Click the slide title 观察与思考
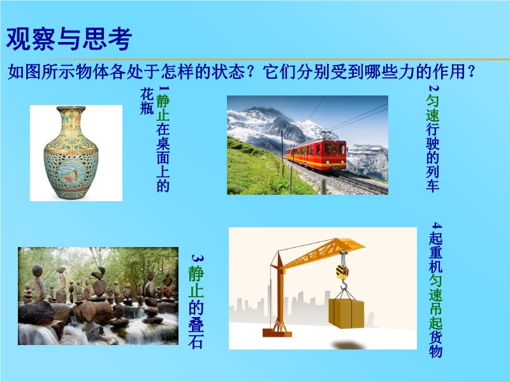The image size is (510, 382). click(x=69, y=39)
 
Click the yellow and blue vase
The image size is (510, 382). click(x=71, y=153)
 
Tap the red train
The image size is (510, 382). click(x=316, y=154)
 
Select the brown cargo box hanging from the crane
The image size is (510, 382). click(x=346, y=313)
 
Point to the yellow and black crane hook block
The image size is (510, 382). click(x=342, y=271)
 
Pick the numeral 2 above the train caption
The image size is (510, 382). click(x=433, y=88)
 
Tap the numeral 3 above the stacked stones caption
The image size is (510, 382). click(x=197, y=259)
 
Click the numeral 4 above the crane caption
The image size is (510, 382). click(x=436, y=225)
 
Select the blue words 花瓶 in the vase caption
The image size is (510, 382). click(x=147, y=101)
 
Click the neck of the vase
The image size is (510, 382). click(x=71, y=120)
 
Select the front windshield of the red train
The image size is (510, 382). click(x=334, y=149)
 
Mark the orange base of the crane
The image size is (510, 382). click(x=277, y=332)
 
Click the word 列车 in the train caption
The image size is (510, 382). click(x=433, y=178)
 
